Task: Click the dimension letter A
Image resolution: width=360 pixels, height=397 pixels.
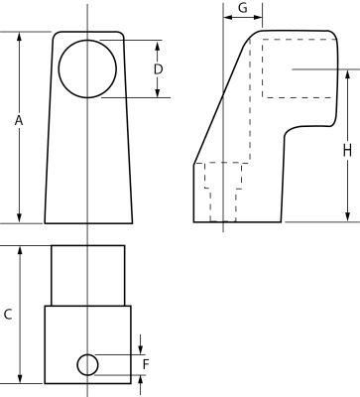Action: tap(19, 121)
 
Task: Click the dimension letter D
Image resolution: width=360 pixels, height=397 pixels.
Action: tap(159, 69)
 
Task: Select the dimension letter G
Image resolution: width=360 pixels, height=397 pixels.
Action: tap(243, 8)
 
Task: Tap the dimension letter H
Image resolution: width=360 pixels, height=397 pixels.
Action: tap(347, 151)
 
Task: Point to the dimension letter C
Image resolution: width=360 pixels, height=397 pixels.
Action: tap(8, 314)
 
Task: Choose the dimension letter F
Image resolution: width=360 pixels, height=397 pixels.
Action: tap(146, 364)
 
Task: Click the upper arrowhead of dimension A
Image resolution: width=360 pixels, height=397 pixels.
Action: tap(19, 37)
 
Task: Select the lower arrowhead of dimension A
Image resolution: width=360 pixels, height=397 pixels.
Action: tap(19, 218)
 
